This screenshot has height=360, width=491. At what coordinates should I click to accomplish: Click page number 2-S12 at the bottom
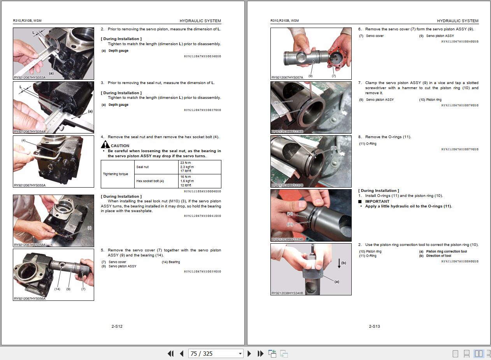click(x=117, y=326)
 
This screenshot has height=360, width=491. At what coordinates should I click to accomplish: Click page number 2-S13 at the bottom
click(x=374, y=326)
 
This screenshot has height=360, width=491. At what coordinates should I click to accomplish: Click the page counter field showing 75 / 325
click(x=216, y=353)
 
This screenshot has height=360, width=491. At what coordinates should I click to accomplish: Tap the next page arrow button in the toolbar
click(x=249, y=353)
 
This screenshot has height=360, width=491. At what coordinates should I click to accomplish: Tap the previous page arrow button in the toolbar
click(x=181, y=353)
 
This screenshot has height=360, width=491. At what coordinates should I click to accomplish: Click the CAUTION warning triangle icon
click(x=105, y=146)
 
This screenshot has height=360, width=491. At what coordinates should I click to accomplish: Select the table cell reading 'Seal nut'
click(x=142, y=167)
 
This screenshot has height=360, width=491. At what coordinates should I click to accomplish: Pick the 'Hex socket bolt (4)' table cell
click(x=150, y=181)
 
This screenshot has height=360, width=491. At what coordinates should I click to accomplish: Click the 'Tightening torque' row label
click(x=116, y=174)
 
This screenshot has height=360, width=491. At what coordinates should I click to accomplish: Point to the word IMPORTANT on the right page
click(x=377, y=201)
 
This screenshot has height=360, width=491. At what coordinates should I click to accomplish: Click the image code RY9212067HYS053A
click(x=30, y=77)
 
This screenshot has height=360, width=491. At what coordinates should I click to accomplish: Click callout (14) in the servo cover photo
click(x=57, y=289)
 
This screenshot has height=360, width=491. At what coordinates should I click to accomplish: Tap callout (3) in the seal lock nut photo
click(x=89, y=228)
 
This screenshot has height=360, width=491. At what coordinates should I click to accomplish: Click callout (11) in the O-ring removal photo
click(x=333, y=148)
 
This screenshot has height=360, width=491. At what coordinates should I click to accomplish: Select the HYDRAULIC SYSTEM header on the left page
click(x=200, y=21)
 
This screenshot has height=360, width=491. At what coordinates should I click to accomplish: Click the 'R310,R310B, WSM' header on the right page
click(x=285, y=21)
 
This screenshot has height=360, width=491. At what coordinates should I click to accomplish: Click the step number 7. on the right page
click(x=360, y=83)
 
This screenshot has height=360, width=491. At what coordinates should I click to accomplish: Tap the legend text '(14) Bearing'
click(x=171, y=262)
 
